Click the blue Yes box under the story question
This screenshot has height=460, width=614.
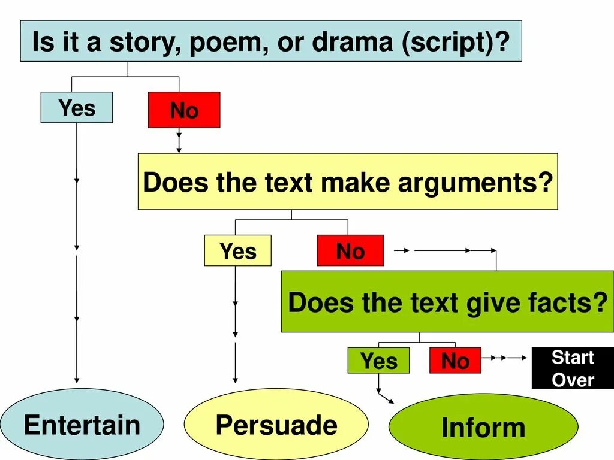coord(76,108)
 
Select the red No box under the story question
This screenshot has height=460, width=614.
coord(184,110)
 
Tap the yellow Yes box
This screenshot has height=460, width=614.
coord(237,251)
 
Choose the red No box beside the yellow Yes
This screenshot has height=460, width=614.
coord(350,251)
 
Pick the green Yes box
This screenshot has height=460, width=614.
coord(378,361)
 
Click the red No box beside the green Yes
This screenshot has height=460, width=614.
coord(455,361)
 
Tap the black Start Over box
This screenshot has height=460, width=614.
coord(573,368)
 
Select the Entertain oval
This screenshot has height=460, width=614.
coord(82,425)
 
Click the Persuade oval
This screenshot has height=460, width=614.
coord(276,425)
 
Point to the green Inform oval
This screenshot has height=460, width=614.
coord(483,427)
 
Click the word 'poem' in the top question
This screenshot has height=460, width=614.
coord(210,43)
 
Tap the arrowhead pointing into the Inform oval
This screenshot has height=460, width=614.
coord(392,401)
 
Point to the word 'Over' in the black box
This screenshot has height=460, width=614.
coord(573,380)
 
